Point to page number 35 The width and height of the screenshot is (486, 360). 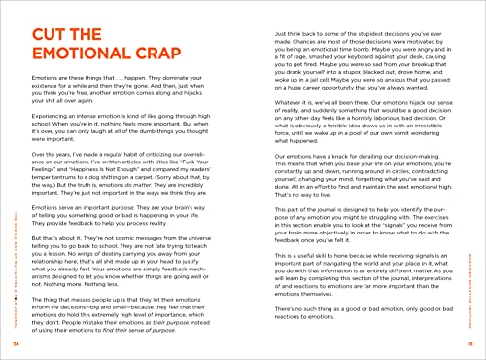click(469, 344)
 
